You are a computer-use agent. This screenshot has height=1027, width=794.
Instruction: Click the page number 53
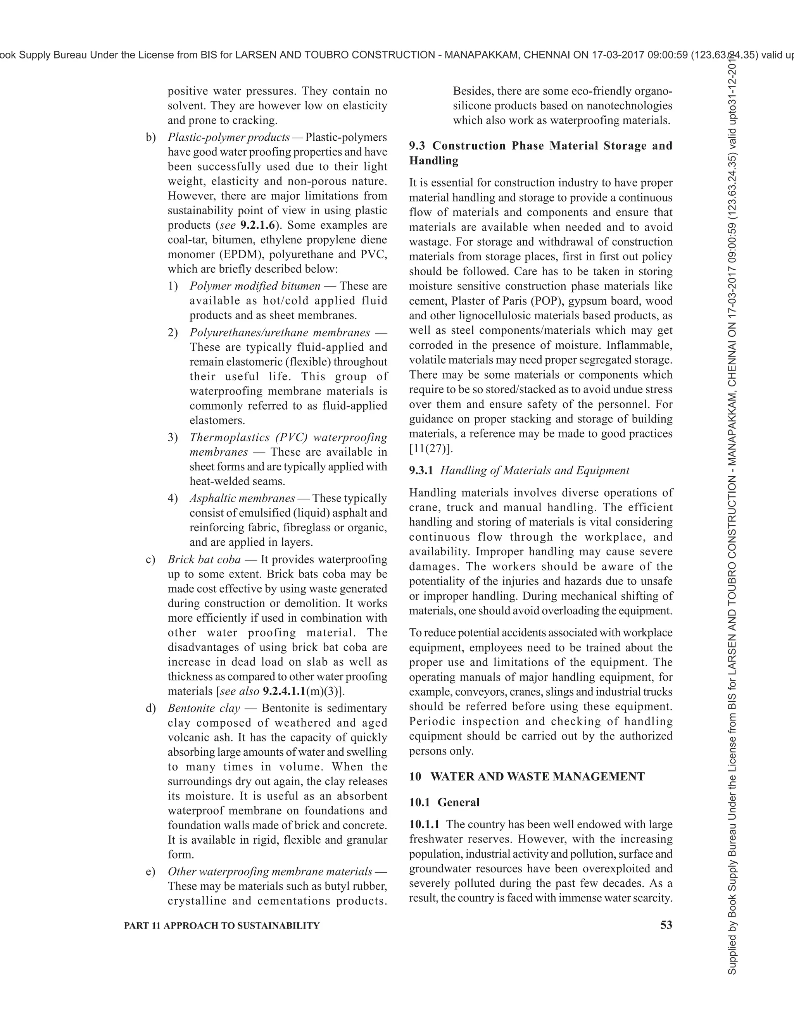click(666, 925)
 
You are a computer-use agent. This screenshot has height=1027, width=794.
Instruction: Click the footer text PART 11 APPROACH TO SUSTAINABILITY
click(221, 925)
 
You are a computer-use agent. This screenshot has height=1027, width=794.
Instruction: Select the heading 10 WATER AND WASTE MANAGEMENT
click(526, 776)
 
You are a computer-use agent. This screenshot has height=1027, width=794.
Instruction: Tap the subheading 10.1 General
click(444, 802)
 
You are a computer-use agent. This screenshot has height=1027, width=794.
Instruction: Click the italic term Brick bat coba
click(204, 559)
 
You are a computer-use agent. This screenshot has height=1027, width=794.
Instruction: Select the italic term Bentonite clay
click(204, 708)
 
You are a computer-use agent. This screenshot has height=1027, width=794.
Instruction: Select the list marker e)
click(150, 871)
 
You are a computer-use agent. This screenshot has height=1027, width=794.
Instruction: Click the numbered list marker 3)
click(173, 437)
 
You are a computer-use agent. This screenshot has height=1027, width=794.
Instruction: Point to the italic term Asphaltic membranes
click(242, 498)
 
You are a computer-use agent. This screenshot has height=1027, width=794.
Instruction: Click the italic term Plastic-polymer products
click(229, 137)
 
